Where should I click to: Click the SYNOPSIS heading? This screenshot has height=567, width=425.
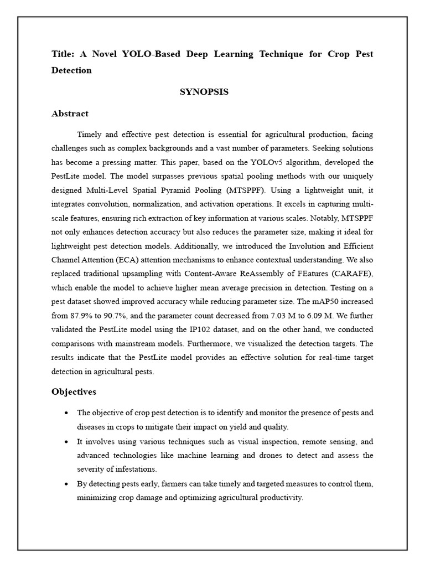[x=204, y=92]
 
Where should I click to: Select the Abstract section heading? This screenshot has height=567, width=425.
[x=70, y=114]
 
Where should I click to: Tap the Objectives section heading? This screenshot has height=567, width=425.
[x=74, y=391]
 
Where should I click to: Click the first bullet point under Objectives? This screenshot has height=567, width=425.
[x=66, y=413]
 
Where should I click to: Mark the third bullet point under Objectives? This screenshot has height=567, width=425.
[x=66, y=484]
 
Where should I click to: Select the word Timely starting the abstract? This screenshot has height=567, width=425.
[x=90, y=135]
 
